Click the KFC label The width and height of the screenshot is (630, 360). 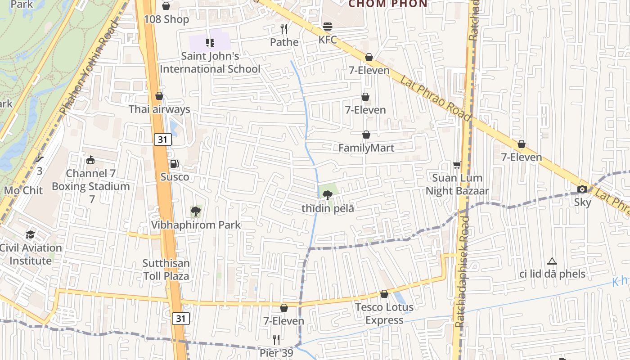pos(328,40)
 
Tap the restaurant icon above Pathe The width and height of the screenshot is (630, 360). pos(284,29)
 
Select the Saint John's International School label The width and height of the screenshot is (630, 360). pos(210,63)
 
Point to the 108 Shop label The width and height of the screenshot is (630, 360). pos(166,19)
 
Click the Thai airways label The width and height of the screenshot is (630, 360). pos(159,109)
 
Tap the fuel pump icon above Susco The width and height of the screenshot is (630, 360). pos(174,164)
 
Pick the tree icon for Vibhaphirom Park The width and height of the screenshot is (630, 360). pos(195,211)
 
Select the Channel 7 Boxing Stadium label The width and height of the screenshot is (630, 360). pos(91,180)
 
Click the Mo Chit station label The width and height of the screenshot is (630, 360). pos(23,190)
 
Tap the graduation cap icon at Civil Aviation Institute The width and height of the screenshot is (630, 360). pos(30,234)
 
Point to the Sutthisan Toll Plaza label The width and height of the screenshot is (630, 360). pos(166,270)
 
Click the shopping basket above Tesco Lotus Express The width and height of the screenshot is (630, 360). pos(384,294)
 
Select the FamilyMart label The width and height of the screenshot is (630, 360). pos(366,148)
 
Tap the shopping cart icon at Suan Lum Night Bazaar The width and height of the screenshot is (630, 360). pos(457,165)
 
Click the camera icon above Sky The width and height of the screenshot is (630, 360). pos(582,189)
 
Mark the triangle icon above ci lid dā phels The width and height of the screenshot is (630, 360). pos(552,261)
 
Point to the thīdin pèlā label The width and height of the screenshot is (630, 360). pos(328,208)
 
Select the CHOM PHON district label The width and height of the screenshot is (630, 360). pos(388,4)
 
